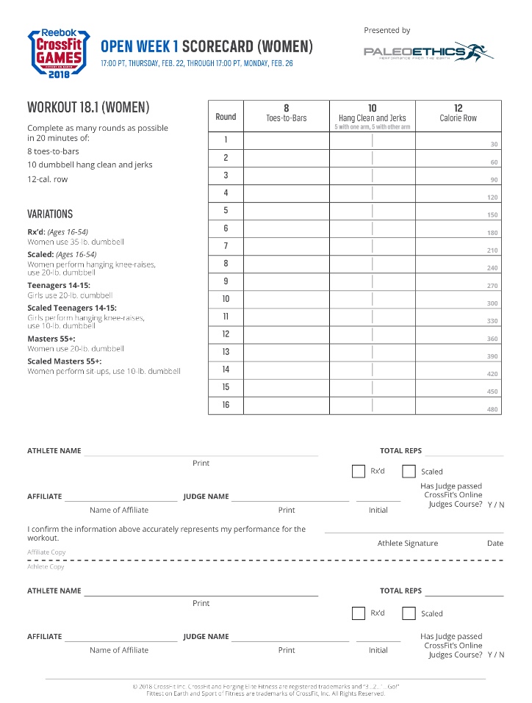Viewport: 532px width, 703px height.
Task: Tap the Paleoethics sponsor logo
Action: coord(428,51)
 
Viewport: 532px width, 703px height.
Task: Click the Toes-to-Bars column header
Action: coord(287,113)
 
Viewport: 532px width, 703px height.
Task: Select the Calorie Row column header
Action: coord(458,113)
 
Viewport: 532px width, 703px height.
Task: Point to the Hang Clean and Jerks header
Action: coord(372,114)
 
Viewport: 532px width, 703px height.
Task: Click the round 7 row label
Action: coord(226,246)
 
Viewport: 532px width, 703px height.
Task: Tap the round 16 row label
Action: coord(226,405)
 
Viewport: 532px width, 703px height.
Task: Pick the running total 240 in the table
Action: coord(492,268)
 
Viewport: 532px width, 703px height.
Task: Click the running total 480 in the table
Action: coord(492,409)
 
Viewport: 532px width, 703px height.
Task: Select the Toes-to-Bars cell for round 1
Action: coord(287,140)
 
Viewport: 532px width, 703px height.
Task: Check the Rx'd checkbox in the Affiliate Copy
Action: coord(359,472)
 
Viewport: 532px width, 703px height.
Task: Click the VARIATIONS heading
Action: coord(50,214)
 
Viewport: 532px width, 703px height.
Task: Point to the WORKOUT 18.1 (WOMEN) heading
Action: coord(88,108)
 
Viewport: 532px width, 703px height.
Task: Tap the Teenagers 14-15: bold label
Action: coord(59,285)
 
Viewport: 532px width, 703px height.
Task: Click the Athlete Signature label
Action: coord(407,544)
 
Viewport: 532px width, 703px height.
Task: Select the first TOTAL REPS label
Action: coord(400,450)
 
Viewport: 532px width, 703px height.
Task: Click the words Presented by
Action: coord(387,30)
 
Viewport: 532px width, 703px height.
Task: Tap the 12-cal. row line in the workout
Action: coord(47,179)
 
